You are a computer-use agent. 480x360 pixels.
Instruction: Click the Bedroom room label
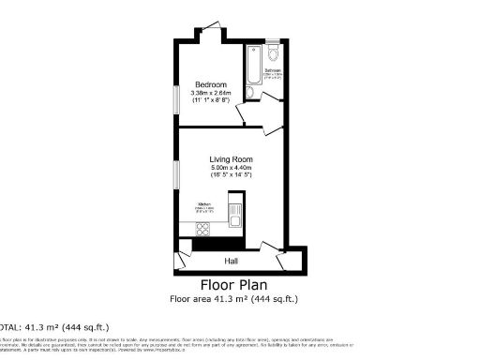coord(211,85)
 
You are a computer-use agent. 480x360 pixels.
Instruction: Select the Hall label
coord(231,261)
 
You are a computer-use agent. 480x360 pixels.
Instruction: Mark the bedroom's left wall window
coord(175,97)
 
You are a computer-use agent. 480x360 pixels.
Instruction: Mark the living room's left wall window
coord(175,174)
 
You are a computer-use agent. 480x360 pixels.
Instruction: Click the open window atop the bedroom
coord(212,27)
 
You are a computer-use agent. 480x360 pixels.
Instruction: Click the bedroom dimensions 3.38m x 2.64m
coord(211,94)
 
